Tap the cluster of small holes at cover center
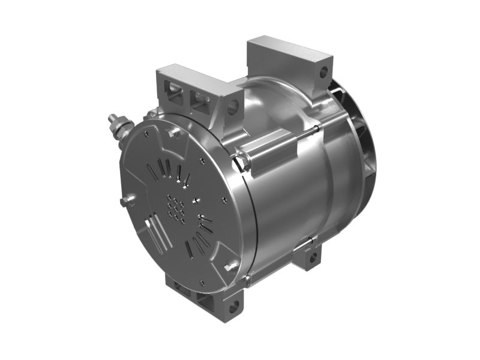(x=176, y=208)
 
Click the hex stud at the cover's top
(x=175, y=133)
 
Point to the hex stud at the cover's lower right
(x=230, y=265)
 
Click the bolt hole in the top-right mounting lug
(x=323, y=73)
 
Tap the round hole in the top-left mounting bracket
(x=232, y=108)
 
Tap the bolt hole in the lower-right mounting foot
(x=311, y=258)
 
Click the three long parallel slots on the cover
(x=155, y=235)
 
